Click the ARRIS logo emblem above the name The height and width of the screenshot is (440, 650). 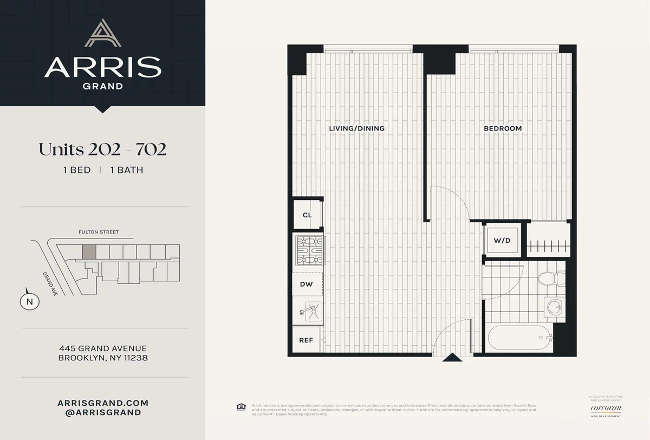[102, 33]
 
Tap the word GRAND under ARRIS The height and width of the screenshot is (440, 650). [102, 85]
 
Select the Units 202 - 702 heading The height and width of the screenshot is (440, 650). [102, 150]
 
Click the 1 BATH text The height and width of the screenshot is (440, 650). [126, 170]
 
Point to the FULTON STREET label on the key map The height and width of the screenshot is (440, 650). [98, 232]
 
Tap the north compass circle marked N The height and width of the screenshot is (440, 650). [30, 301]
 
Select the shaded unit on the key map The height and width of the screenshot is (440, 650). [89, 251]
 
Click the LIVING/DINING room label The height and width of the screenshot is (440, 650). [356, 128]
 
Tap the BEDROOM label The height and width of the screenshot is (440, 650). [502, 128]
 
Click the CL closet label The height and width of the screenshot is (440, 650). [307, 215]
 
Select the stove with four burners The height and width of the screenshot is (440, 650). [309, 250]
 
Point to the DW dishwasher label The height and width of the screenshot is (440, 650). [307, 283]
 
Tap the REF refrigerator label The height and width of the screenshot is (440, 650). [307, 340]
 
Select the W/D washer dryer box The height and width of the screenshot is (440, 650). [502, 240]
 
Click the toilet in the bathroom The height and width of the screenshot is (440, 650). [548, 279]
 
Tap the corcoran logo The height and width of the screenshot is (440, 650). [605, 408]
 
